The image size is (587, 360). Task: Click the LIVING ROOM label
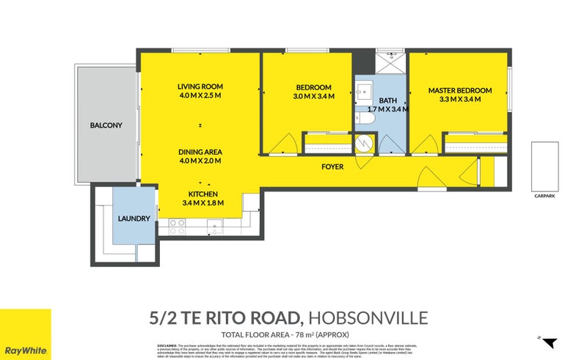pyautogui.click(x=200, y=86)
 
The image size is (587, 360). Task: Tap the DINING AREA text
pyautogui.click(x=200, y=152)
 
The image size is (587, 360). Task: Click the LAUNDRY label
pyautogui.click(x=134, y=218)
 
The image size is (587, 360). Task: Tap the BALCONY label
pyautogui.click(x=106, y=125)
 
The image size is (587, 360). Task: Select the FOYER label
pyautogui.click(x=332, y=167)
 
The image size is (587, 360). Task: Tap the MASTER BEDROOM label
pyautogui.click(x=460, y=91)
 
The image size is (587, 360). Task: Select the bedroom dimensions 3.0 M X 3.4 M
pyautogui.click(x=313, y=96)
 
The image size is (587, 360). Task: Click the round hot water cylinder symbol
pyautogui.click(x=365, y=142)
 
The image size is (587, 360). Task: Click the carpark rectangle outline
pyautogui.click(x=546, y=165)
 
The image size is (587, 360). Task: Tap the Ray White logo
pyautogui.click(x=26, y=334)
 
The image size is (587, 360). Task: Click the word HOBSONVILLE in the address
pyautogui.click(x=367, y=317)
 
